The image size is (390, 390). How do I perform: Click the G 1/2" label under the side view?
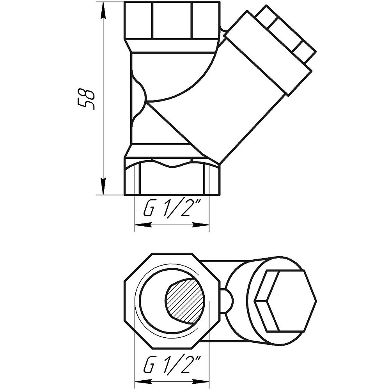coord(172,209)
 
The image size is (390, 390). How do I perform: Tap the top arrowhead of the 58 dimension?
coord(103,10)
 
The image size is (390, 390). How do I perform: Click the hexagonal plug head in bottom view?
coord(285,300)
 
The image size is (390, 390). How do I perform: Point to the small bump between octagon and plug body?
coord(228,300)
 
